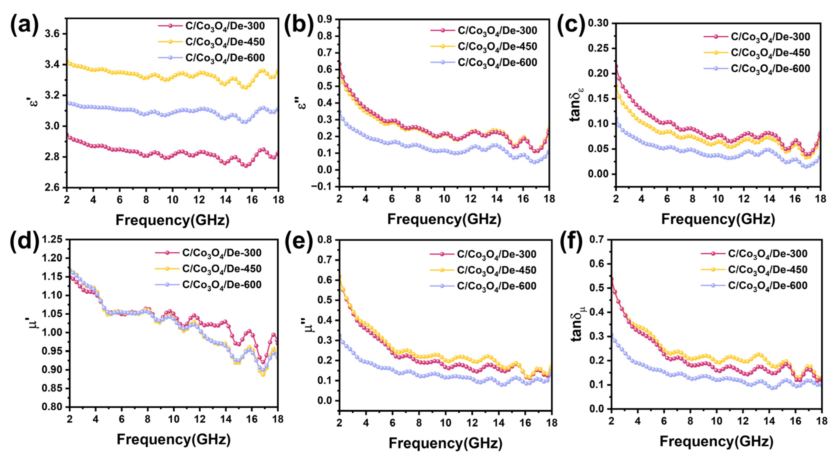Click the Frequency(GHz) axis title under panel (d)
tap(174, 440)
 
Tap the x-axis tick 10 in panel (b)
tap(444, 198)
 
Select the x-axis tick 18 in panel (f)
tap(821, 421)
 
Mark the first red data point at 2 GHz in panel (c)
tap(616, 66)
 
